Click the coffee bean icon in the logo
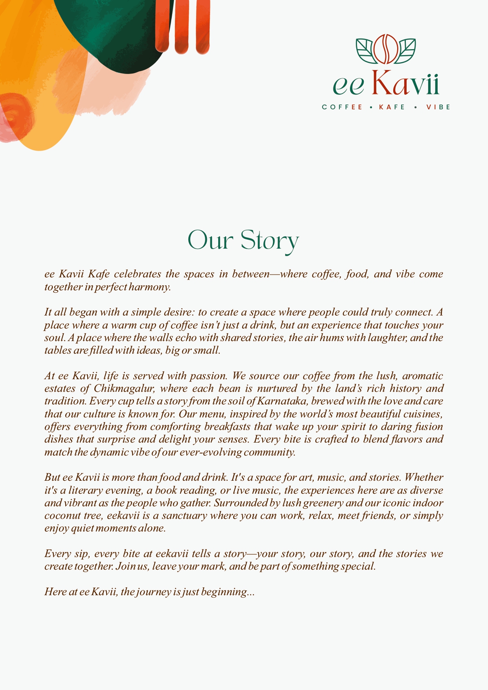[386, 49]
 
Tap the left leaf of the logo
[366, 50]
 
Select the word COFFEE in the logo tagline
[342, 107]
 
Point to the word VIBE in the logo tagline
[438, 107]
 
